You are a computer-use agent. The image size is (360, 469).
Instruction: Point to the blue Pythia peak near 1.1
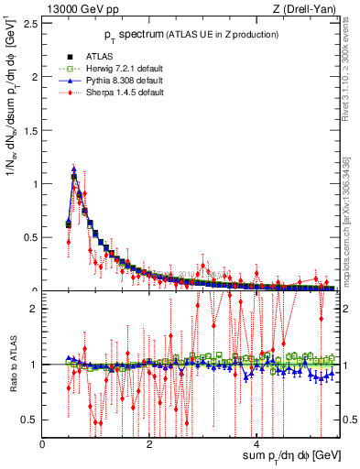(x=74, y=169)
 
